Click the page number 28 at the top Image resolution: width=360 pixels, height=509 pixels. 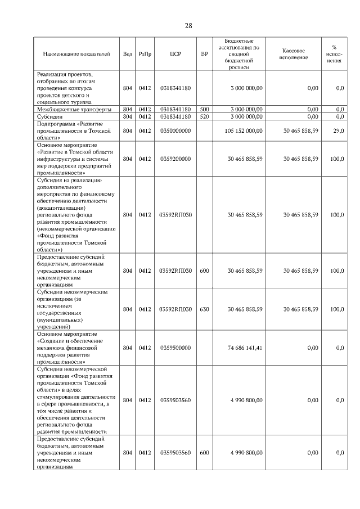188,26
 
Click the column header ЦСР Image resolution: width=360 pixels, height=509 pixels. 174,54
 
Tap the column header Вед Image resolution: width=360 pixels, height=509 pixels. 128,54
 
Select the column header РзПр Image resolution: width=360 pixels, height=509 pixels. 145,54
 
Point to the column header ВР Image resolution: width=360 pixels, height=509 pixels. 204,54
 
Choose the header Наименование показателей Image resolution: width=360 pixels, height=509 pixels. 76,54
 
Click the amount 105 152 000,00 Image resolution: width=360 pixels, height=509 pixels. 243,130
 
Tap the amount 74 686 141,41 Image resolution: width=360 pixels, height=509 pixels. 245,348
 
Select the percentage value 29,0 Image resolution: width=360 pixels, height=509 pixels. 338,130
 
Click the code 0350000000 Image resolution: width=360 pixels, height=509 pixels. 175,130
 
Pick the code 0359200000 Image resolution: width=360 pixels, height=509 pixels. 175,159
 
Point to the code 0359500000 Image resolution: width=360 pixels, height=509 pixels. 175,348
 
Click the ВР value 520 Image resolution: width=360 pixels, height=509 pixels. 204,116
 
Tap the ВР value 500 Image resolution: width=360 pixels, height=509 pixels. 204,109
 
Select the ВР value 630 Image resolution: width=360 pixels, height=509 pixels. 204,309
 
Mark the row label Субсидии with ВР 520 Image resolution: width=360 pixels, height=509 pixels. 51,116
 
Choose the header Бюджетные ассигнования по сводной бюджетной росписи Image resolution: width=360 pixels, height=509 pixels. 238,54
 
